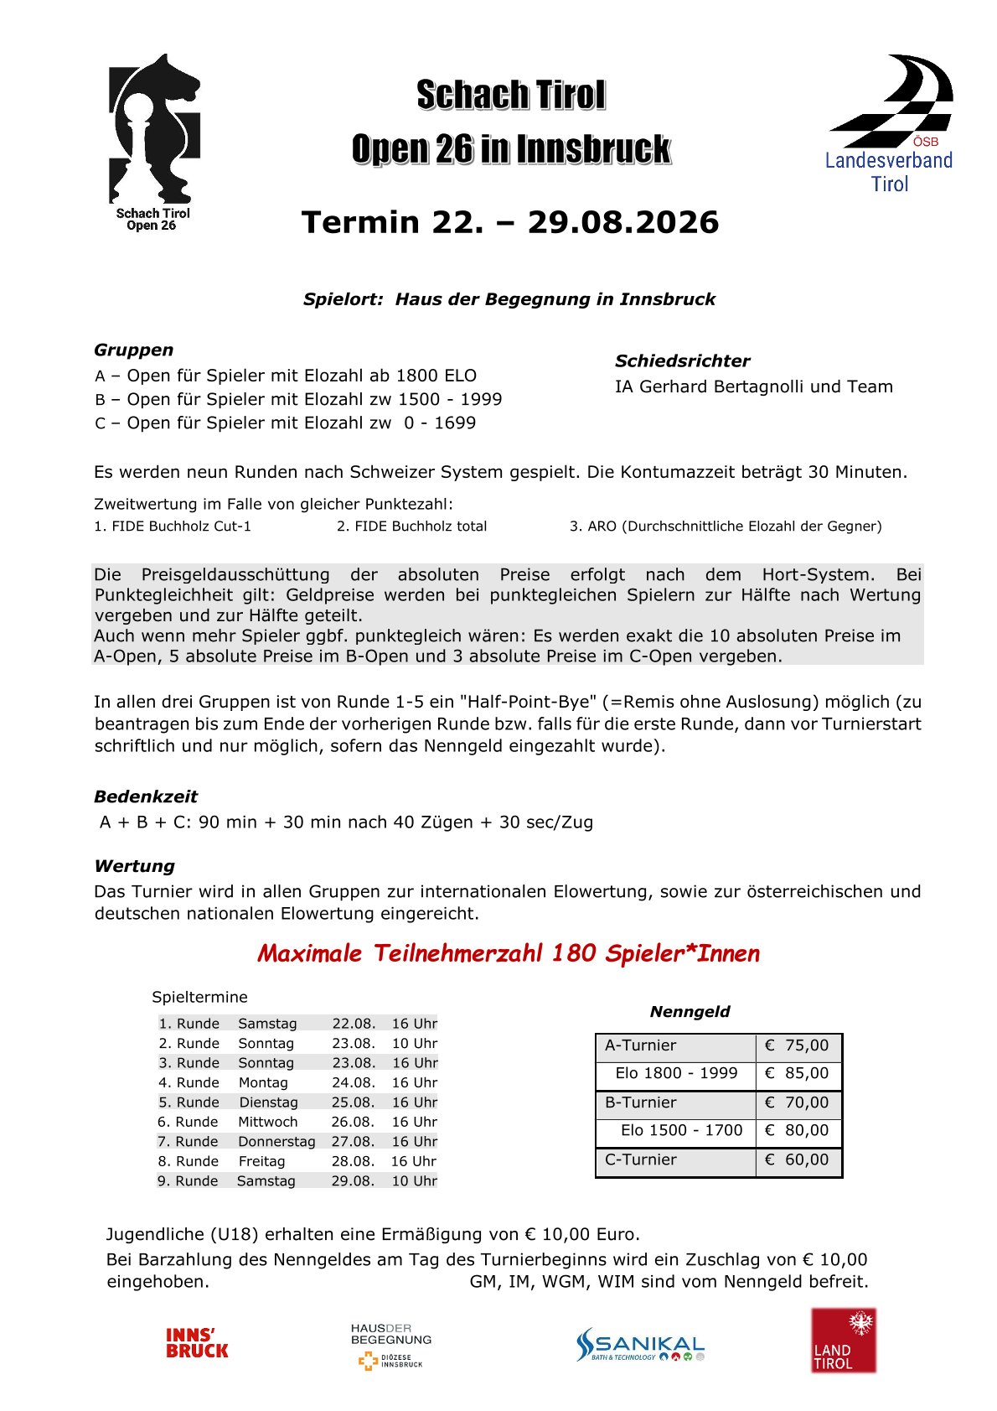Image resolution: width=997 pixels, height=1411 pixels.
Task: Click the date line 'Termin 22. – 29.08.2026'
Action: point(509,222)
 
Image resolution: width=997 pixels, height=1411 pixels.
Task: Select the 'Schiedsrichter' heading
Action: point(682,361)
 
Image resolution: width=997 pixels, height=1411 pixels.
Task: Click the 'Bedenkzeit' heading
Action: point(146,796)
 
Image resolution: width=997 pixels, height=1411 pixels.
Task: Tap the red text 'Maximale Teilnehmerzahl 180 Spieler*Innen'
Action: point(508,953)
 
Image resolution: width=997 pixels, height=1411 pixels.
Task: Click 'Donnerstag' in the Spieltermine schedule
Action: point(276,1142)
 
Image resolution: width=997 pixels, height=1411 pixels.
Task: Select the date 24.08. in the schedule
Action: point(353,1082)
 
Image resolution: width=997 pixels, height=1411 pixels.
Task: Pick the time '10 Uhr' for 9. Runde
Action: point(414,1180)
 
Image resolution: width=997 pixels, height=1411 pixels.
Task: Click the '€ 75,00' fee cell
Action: point(797,1045)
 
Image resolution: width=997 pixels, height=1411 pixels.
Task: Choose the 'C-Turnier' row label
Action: point(641,1159)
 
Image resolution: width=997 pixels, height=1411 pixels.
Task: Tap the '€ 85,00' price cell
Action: point(797,1073)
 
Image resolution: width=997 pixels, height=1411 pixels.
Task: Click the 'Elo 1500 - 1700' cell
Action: point(681,1130)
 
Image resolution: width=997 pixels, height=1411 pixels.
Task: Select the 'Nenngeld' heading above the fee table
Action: point(690,1012)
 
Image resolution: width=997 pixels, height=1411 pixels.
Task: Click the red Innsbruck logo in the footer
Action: point(197,1343)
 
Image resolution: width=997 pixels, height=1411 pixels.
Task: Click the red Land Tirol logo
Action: point(843,1341)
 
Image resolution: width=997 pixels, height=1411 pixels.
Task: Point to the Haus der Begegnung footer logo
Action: point(390,1345)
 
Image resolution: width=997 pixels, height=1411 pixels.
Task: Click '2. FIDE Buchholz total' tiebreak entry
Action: point(411,527)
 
